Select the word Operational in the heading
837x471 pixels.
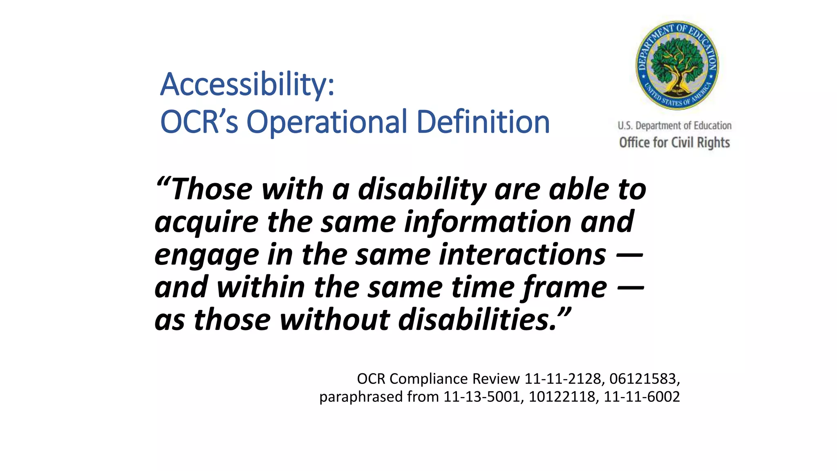coord(327,122)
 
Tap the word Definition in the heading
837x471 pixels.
coord(483,122)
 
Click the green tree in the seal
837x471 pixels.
coord(677,61)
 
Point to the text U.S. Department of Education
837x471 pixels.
coord(674,126)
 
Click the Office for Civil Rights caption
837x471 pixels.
coord(674,143)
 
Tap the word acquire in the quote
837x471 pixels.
coord(206,222)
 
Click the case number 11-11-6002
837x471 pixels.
coord(642,397)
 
